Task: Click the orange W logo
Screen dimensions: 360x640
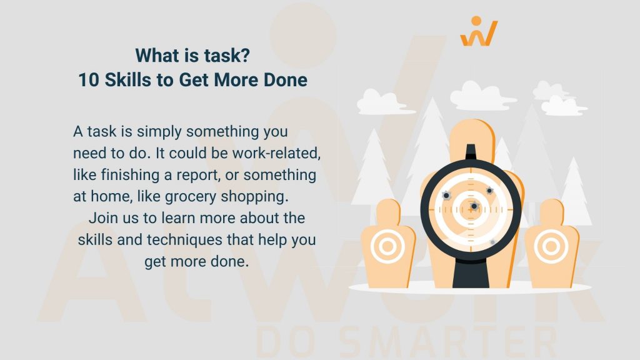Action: (x=479, y=32)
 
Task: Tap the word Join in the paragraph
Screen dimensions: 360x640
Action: (x=102, y=218)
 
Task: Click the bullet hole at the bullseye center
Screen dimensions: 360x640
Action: (x=474, y=206)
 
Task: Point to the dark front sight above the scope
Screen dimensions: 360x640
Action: (x=471, y=152)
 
